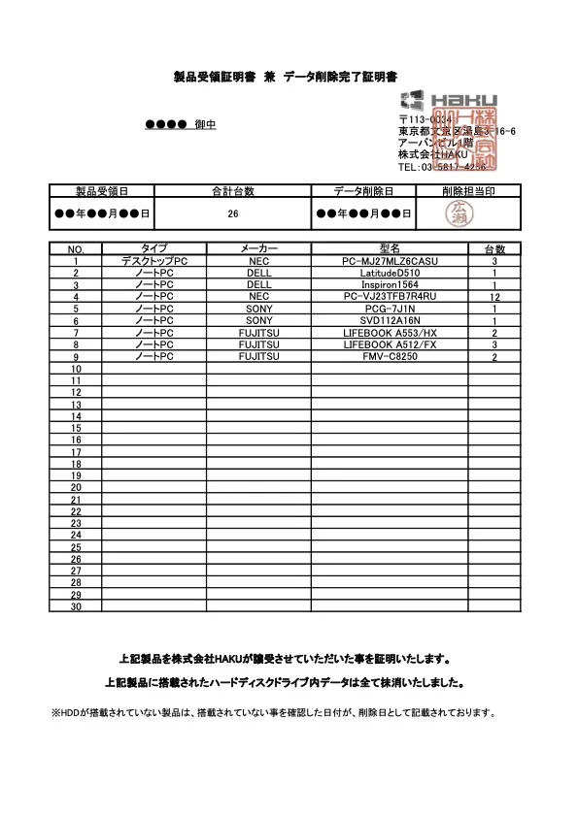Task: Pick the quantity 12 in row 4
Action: (494, 297)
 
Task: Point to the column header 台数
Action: (494, 249)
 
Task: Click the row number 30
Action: (75, 607)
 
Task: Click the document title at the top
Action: (289, 76)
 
